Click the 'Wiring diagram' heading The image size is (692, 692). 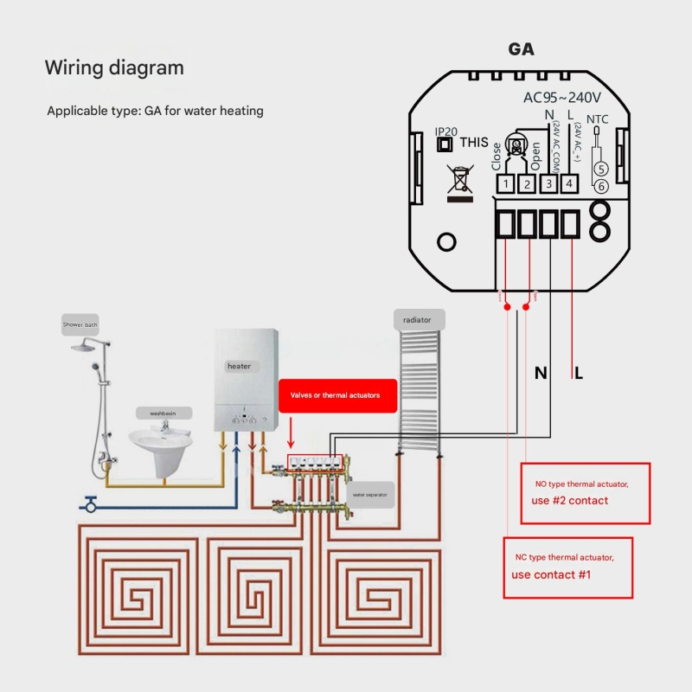(x=114, y=67)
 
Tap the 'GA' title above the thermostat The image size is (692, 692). (x=521, y=49)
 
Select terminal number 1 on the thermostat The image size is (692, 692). (x=505, y=183)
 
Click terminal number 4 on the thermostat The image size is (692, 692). (x=568, y=183)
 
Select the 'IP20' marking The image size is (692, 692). (x=446, y=131)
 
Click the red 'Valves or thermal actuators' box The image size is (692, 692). (x=338, y=395)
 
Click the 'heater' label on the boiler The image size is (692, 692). (x=240, y=366)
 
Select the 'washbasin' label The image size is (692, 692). (x=163, y=414)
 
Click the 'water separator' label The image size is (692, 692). (x=370, y=495)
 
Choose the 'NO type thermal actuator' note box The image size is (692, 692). (x=586, y=492)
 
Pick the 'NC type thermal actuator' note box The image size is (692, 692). (x=568, y=567)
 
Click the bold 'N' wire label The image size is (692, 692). (x=541, y=374)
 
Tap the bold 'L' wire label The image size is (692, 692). (x=579, y=374)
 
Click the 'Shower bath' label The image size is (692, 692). (x=80, y=325)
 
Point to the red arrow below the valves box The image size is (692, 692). (x=291, y=429)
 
